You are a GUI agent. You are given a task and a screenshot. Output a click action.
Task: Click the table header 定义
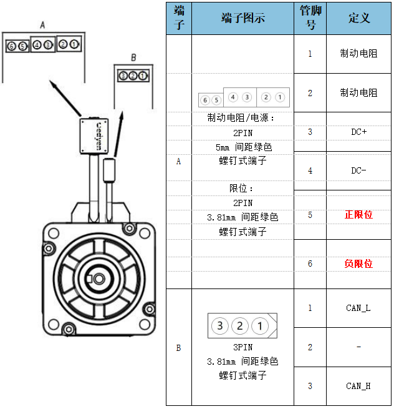pos(359,18)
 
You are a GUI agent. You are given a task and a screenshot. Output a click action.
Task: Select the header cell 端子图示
pos(243,18)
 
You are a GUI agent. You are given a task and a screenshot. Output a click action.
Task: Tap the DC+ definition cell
pos(358,132)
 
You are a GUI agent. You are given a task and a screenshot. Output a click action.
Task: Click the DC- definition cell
pos(358,170)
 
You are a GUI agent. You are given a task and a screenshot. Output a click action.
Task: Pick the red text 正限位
pos(358,215)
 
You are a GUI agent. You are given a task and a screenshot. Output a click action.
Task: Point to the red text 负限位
pos(358,264)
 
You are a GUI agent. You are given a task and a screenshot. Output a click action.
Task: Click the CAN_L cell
pos(358,308)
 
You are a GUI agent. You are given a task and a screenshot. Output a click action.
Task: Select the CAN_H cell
pos(358,386)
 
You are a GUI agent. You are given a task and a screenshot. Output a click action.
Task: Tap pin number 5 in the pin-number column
pos(310,215)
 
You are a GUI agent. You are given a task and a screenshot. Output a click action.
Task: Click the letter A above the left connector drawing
pos(43,25)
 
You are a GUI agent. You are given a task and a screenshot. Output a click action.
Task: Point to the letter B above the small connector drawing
pos(133,57)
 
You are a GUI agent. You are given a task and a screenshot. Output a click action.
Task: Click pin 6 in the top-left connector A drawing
pos(11,46)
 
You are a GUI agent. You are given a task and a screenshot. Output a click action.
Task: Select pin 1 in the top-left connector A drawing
pos(74,44)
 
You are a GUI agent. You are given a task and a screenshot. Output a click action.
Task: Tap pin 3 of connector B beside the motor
pos(123,76)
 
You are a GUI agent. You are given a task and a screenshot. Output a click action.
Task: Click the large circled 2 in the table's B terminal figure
pos(240,326)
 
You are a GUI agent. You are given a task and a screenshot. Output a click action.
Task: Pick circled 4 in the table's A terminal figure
pos(233,97)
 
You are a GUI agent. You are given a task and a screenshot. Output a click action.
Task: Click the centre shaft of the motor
pos(99,279)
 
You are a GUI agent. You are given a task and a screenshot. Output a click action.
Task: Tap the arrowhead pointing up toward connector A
pos(53,84)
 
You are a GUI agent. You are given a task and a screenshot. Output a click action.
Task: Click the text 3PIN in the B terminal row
pos(243,347)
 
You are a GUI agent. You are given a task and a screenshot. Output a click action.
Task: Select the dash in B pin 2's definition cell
pos(358,347)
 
